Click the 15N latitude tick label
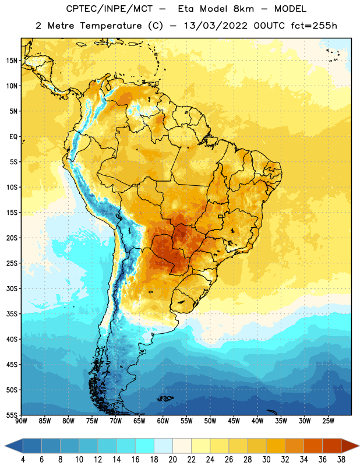tap(12, 61)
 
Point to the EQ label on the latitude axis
tap(13, 137)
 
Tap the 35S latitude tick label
tap(12, 314)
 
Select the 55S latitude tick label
tap(12, 415)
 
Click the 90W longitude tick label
tap(21, 421)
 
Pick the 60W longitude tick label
tap(163, 421)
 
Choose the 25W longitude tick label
tap(328, 421)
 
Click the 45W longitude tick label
tap(234, 421)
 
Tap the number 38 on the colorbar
tap(341, 460)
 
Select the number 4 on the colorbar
tap(23, 460)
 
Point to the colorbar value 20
tap(172, 460)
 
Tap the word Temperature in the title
tap(111, 26)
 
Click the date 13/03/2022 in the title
tap(215, 26)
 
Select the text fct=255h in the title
tap(314, 26)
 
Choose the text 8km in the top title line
tap(243, 9)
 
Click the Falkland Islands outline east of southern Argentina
tap(165, 398)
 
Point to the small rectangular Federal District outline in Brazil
tap(221, 216)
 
